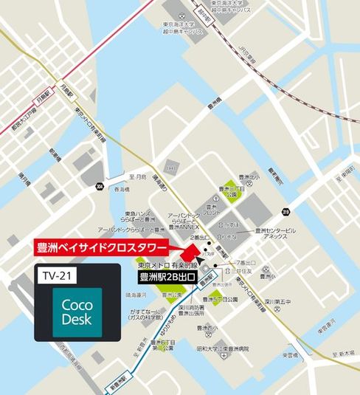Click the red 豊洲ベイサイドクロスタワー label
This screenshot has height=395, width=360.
point(100,247)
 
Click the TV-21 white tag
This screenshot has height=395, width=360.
point(55,274)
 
